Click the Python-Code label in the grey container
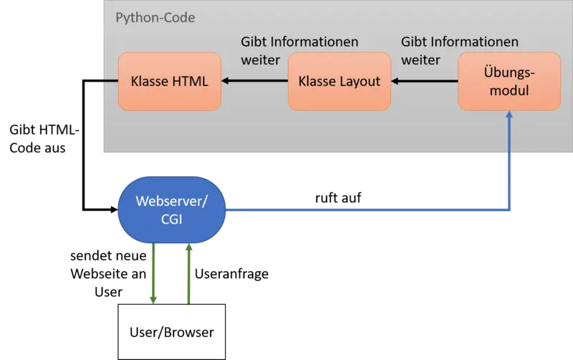(155, 17)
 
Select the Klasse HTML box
(169, 81)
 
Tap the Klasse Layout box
(340, 81)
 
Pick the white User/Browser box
(172, 331)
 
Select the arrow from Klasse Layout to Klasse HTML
(254, 81)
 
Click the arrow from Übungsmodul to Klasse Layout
(425, 81)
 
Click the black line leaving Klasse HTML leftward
(110, 81)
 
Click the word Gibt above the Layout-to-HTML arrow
(255, 42)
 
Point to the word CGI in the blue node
(172, 220)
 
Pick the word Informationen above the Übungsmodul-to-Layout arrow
(475, 42)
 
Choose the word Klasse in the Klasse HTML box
(150, 81)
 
